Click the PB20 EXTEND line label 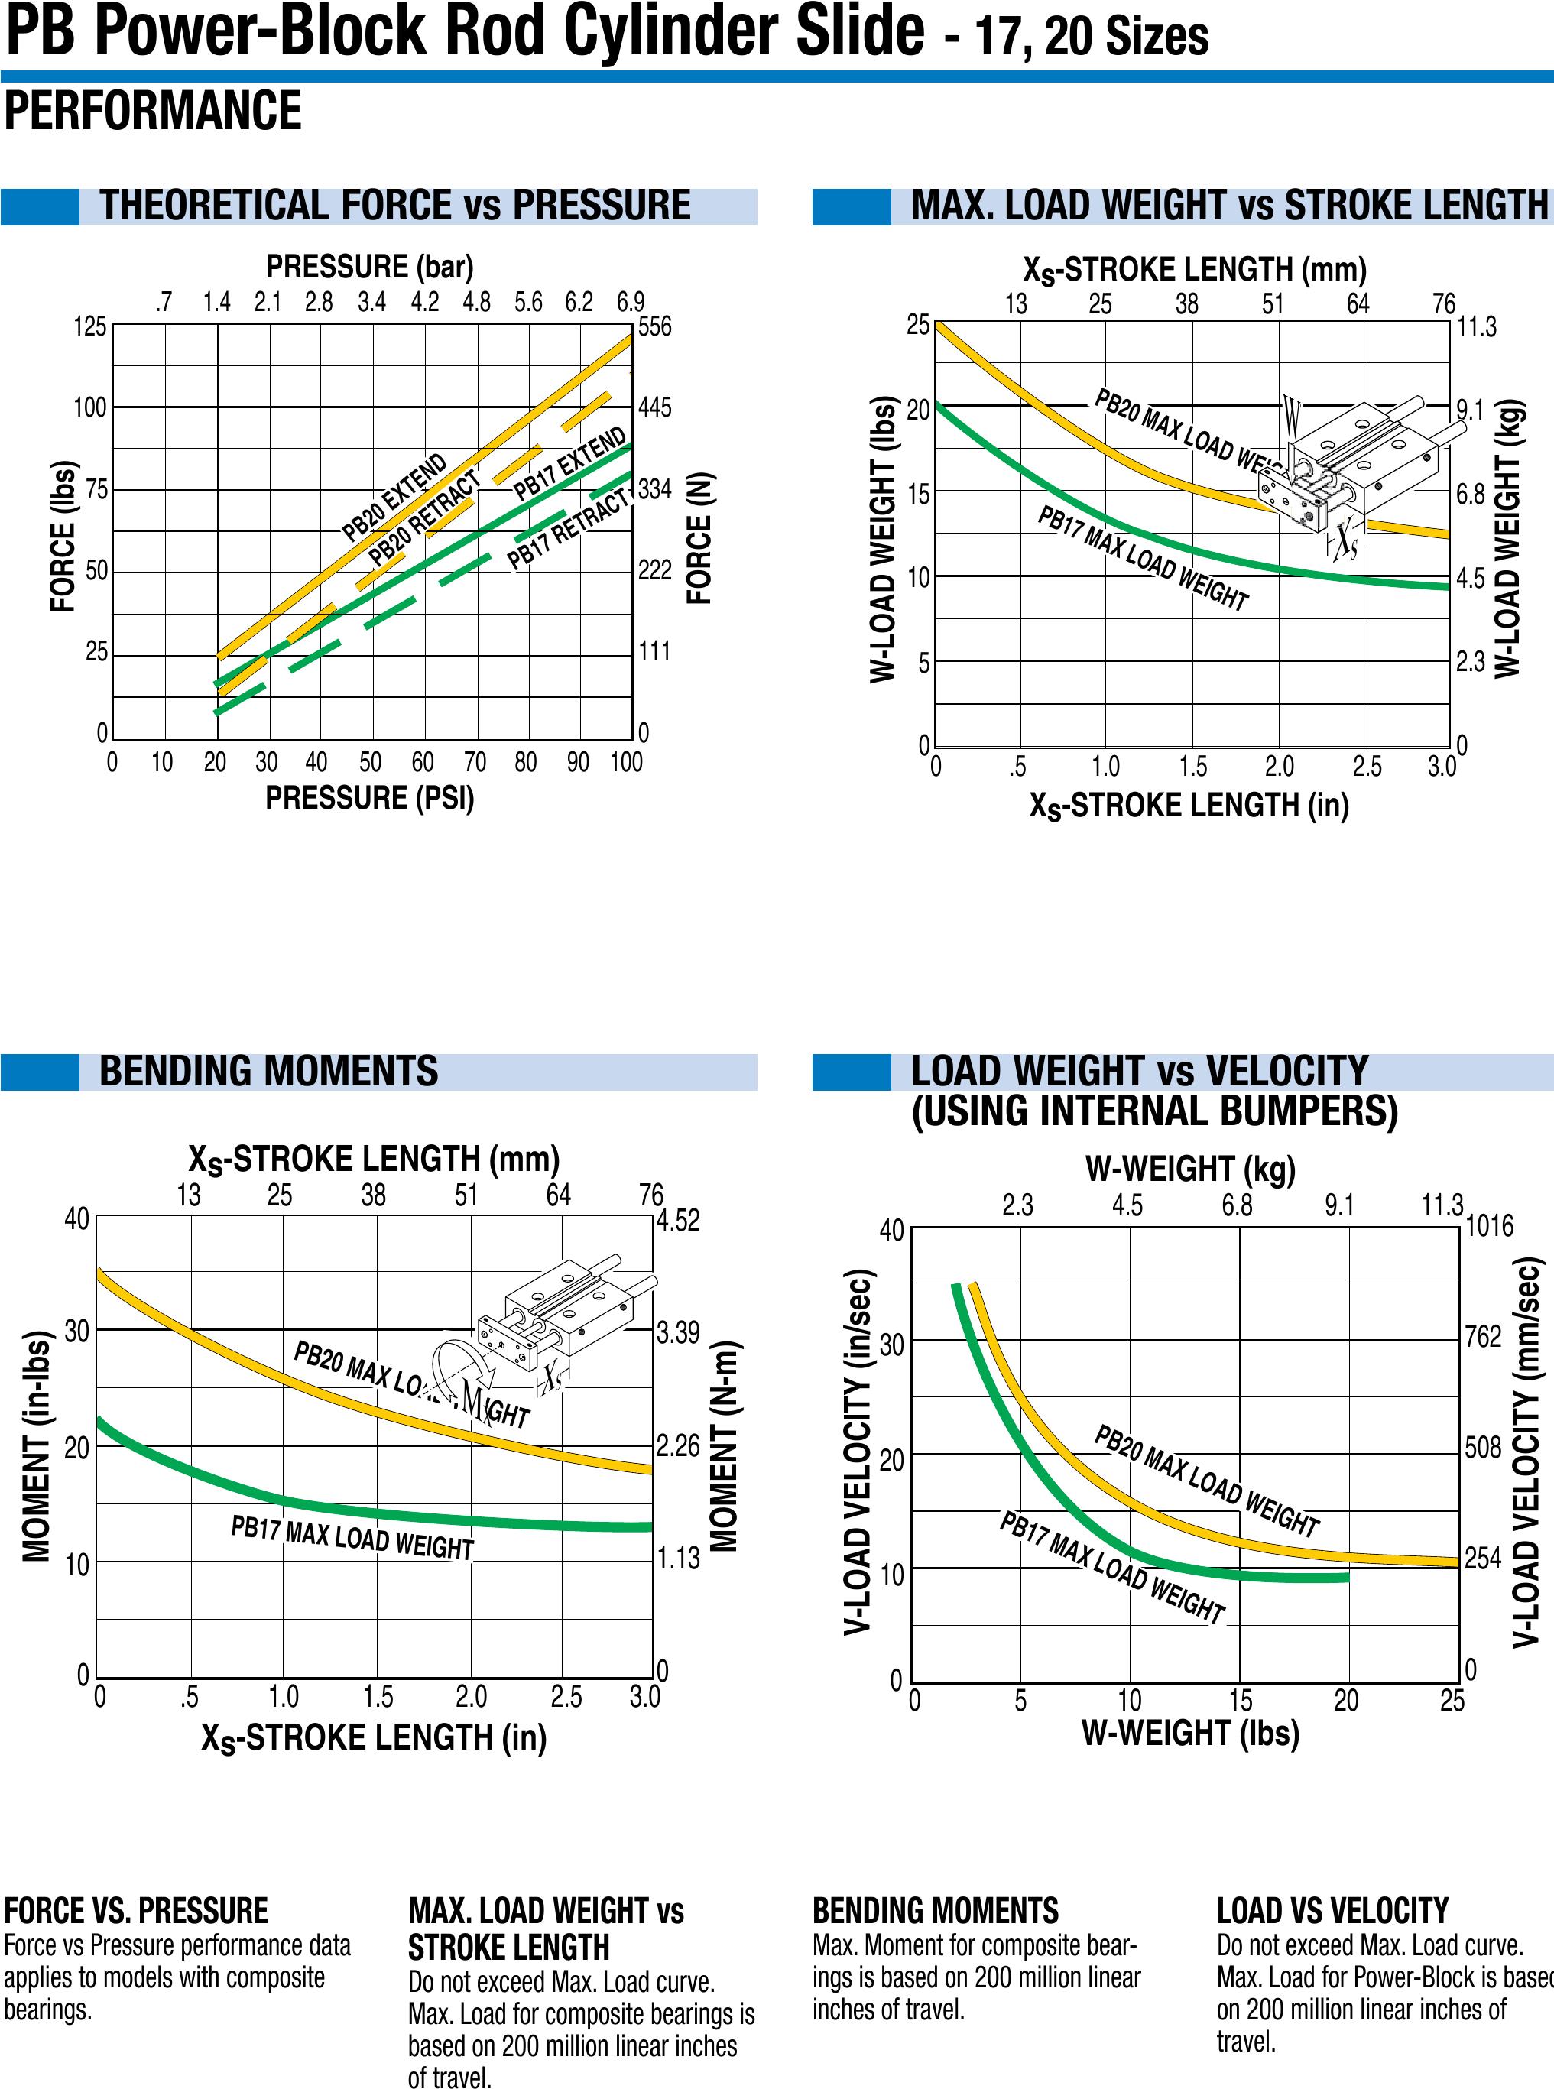(x=394, y=498)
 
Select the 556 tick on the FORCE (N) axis (x=655, y=327)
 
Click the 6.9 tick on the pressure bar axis (x=631, y=302)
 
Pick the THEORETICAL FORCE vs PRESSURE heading (x=395, y=206)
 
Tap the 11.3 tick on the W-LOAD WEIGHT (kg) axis (x=1476, y=327)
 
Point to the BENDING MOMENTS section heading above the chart (x=268, y=1072)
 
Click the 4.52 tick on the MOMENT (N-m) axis (x=678, y=1221)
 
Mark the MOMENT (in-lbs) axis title (x=36, y=1448)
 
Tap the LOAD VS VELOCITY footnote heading (x=1332, y=1911)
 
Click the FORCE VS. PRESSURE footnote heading (x=135, y=1911)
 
